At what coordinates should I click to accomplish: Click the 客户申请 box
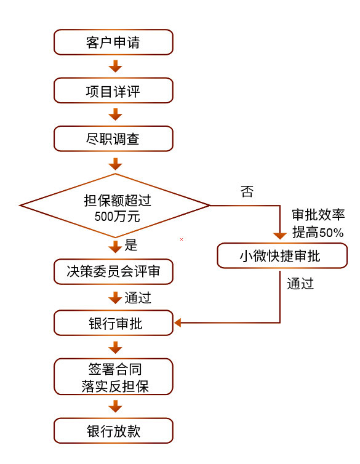(113, 42)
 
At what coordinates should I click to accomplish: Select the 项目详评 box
(113, 90)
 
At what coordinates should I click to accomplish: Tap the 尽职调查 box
(113, 139)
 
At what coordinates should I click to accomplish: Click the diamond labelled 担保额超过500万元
(114, 206)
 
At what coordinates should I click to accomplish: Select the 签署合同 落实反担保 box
(113, 377)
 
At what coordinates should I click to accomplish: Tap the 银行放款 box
(113, 431)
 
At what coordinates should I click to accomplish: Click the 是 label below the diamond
(131, 245)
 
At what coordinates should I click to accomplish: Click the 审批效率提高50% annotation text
(318, 224)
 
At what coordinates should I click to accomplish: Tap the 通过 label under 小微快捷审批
(301, 284)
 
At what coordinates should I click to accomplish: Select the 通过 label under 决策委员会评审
(138, 298)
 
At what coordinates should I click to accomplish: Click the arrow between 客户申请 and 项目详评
(114, 66)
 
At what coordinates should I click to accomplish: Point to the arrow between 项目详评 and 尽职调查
(114, 114)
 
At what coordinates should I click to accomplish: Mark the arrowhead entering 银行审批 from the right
(178, 322)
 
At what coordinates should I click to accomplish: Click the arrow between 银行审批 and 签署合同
(114, 347)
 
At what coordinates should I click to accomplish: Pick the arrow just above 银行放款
(114, 407)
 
